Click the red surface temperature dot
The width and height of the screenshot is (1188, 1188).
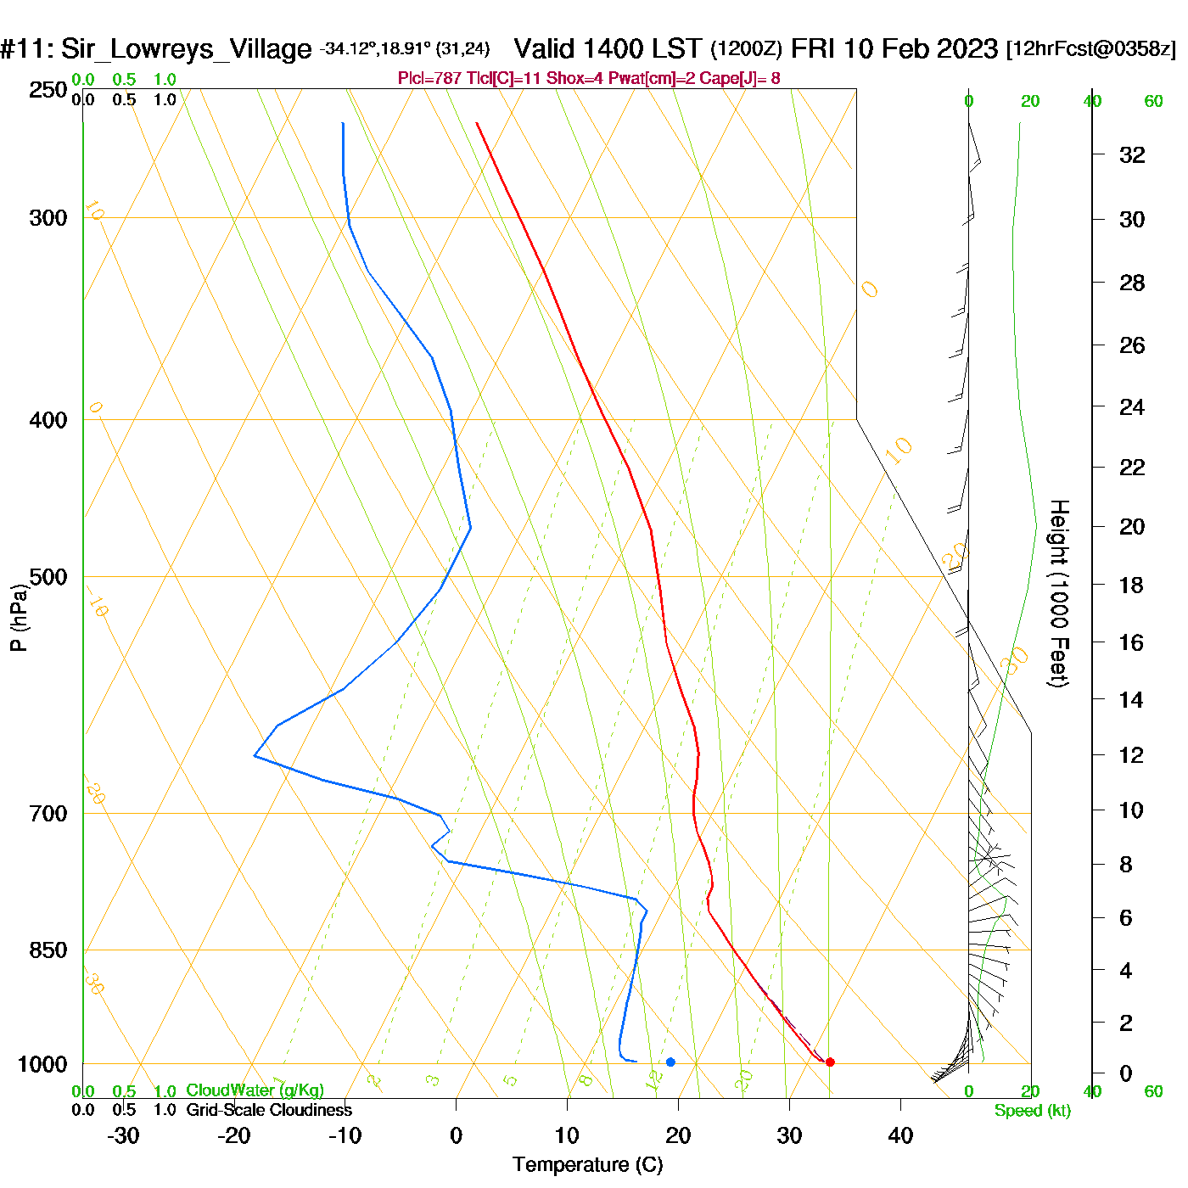pos(830,1062)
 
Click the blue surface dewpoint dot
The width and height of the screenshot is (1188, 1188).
pos(670,1062)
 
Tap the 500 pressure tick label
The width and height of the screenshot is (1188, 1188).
pos(48,577)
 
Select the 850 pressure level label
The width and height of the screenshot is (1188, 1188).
pos(48,950)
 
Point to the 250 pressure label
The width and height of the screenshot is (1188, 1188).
pos(48,90)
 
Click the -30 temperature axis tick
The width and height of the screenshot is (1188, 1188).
pos(123,1135)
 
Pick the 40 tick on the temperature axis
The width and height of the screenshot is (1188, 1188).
pos(900,1135)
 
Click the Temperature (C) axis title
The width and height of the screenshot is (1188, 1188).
pos(587,1165)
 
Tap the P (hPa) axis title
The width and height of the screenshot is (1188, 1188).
pos(19,617)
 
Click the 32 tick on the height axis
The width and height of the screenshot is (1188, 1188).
pos(1132,154)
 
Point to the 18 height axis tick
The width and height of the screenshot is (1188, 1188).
pos(1131,585)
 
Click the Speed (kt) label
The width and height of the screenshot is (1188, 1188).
pos(1032,1111)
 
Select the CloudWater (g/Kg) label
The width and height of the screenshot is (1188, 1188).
pos(255,1090)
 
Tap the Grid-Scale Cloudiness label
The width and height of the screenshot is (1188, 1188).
pos(269,1110)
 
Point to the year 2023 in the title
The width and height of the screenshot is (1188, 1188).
pos(967,49)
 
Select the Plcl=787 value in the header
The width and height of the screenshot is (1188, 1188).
pos(430,79)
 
